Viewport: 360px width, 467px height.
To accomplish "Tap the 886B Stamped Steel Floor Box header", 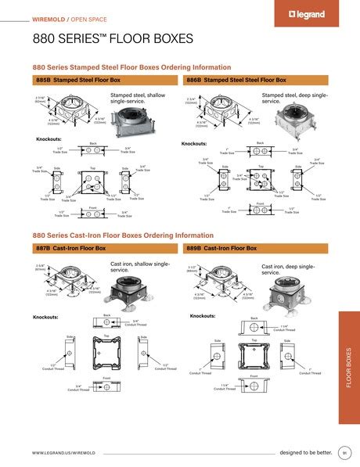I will pos(235,80).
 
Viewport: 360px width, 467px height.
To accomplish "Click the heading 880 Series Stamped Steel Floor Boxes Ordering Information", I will pos(131,68).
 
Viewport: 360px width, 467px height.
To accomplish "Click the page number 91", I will pos(344,453).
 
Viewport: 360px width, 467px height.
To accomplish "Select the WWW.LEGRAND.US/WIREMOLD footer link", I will pos(65,454).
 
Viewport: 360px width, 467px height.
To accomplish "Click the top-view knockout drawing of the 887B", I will pos(106,353).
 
